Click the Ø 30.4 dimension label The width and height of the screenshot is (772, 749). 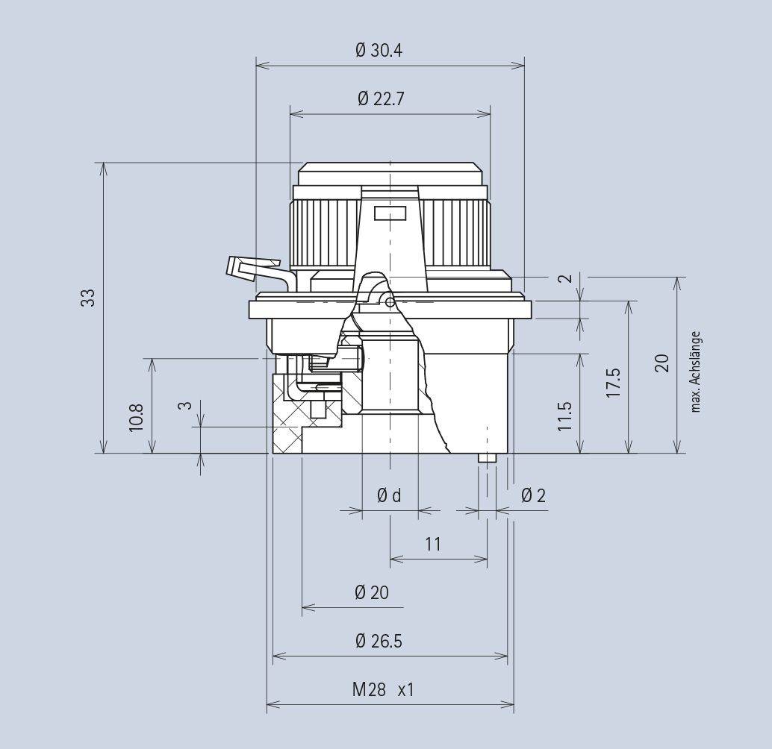[x=380, y=51]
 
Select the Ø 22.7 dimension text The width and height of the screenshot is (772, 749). [x=381, y=99]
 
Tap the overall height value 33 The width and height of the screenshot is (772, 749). [x=89, y=298]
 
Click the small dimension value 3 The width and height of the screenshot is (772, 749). [x=184, y=407]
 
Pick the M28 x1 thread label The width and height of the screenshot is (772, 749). [x=382, y=690]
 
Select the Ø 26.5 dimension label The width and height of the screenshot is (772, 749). [x=379, y=641]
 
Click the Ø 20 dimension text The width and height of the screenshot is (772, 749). [x=372, y=592]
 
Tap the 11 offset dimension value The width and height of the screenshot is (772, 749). [x=433, y=544]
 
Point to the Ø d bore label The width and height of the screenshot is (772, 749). [x=389, y=495]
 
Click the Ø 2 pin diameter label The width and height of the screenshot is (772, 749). [x=533, y=495]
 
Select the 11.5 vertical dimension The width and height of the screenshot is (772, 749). [x=564, y=416]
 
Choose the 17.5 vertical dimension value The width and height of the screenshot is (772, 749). [x=614, y=382]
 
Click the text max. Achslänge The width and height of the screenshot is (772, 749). [x=696, y=372]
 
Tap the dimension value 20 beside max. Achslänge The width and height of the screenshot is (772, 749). [x=662, y=363]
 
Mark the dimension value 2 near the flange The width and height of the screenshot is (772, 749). [x=566, y=278]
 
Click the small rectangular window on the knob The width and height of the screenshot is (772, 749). [x=390, y=214]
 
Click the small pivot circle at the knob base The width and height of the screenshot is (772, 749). [x=390, y=301]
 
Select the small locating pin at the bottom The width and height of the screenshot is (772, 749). [x=486, y=457]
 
